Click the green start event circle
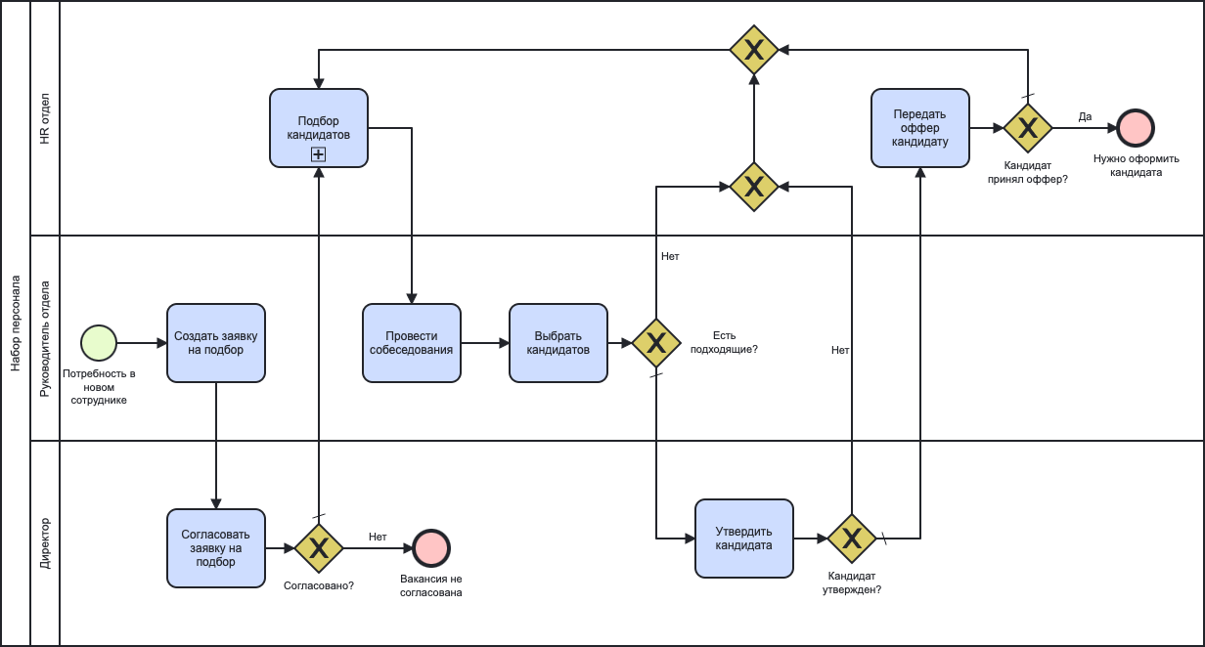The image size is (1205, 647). click(99, 343)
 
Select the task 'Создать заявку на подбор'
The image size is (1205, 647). click(216, 343)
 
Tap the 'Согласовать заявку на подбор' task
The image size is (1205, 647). click(216, 548)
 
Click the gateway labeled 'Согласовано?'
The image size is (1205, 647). click(319, 548)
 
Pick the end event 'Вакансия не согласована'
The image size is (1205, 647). click(431, 548)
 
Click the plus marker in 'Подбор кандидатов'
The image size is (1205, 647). click(319, 154)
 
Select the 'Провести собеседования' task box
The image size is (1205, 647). click(412, 343)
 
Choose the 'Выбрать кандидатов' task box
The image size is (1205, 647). click(558, 343)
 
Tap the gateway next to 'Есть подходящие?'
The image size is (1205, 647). click(656, 343)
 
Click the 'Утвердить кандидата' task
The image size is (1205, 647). click(744, 539)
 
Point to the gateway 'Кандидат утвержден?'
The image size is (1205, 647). click(852, 539)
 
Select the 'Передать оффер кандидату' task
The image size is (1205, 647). click(920, 128)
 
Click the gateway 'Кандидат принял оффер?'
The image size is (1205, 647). click(1028, 128)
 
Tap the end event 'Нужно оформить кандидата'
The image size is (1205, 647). click(1136, 128)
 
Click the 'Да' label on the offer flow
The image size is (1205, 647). click(1085, 116)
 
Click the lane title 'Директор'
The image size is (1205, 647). click(45, 543)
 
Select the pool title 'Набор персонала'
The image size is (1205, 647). click(15, 323)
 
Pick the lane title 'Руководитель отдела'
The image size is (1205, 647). click(45, 338)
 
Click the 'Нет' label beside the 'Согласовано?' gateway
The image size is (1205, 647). click(378, 537)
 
